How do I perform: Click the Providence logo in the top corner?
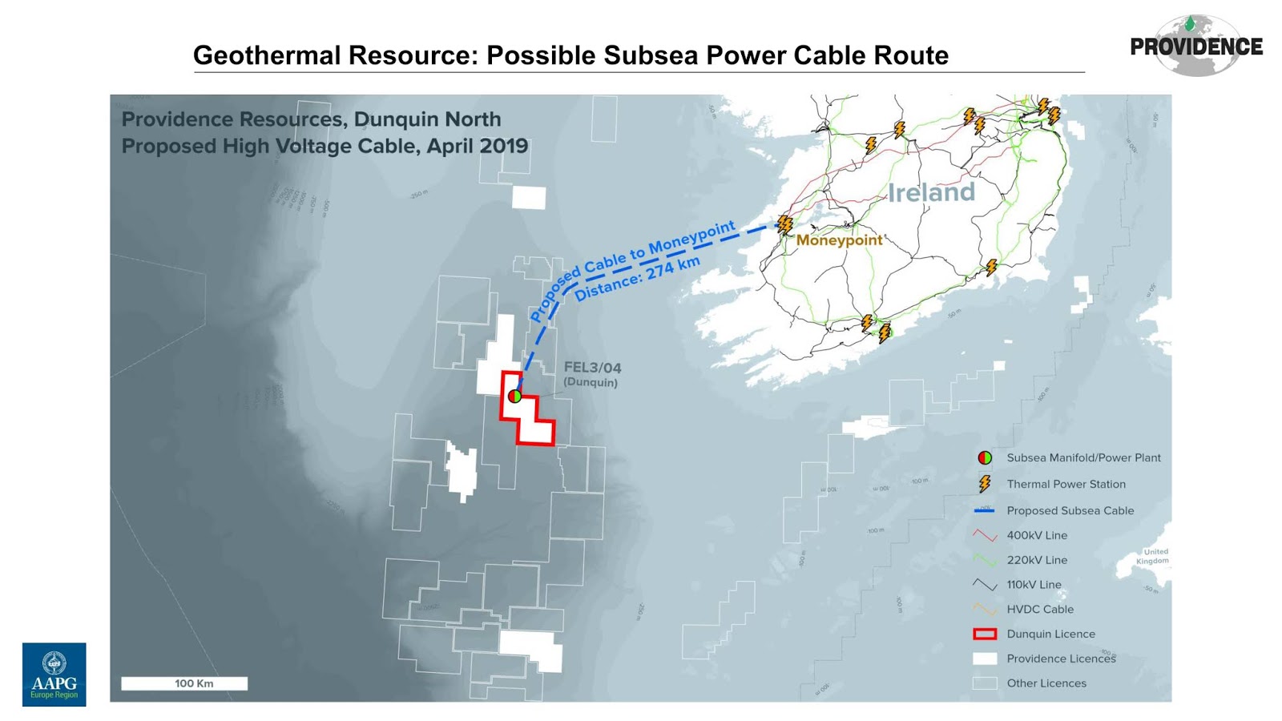click(x=1195, y=46)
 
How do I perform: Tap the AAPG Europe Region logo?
click(x=54, y=674)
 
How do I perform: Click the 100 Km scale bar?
click(x=184, y=683)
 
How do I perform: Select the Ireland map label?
click(x=931, y=192)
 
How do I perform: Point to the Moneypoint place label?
click(x=839, y=240)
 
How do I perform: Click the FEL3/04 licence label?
click(x=592, y=368)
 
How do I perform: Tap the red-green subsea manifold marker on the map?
click(x=514, y=396)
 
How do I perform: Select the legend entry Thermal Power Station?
click(x=1066, y=484)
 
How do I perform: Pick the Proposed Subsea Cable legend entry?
click(x=1070, y=510)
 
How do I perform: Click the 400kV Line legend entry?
click(x=1037, y=535)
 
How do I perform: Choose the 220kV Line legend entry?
click(x=1037, y=560)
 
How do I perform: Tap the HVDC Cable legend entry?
click(x=1040, y=609)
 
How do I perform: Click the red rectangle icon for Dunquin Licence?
click(x=985, y=634)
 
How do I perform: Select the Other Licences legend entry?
click(x=1046, y=683)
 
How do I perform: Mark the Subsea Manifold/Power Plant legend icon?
click(x=985, y=457)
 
